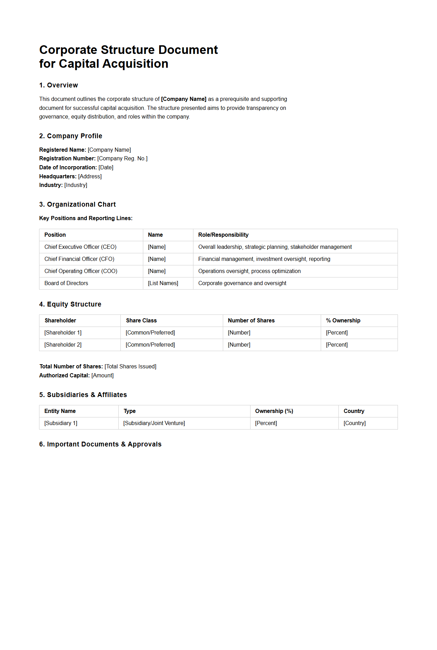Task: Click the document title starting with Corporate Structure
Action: click(x=128, y=57)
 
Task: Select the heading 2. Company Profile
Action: click(x=71, y=136)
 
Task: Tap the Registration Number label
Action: click(x=67, y=158)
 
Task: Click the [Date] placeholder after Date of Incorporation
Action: click(x=106, y=167)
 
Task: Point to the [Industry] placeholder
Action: click(x=75, y=185)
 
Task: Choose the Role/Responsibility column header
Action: click(x=223, y=235)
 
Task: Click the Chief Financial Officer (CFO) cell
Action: click(x=79, y=259)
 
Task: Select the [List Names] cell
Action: click(x=163, y=283)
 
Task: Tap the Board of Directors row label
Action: click(x=66, y=283)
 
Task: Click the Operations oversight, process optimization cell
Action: click(x=249, y=271)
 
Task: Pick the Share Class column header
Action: click(x=141, y=320)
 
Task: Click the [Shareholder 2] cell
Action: click(x=63, y=345)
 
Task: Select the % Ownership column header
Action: click(x=343, y=320)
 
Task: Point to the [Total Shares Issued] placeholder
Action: click(x=130, y=366)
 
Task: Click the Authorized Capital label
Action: click(x=64, y=375)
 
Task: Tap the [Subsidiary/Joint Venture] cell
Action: click(x=154, y=423)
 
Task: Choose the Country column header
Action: click(x=354, y=411)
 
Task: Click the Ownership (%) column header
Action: click(x=274, y=411)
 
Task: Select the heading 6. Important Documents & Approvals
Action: click(x=100, y=444)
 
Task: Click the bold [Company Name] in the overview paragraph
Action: click(x=184, y=99)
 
